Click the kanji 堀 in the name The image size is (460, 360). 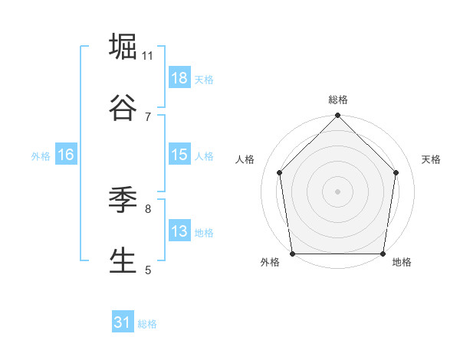(x=123, y=47)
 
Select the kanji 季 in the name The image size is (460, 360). (x=123, y=200)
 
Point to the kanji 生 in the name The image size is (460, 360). (x=123, y=260)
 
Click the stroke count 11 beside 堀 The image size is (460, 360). (x=148, y=56)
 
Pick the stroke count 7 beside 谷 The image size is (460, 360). (x=148, y=116)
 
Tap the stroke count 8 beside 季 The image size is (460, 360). (x=148, y=208)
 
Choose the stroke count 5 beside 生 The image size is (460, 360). (x=148, y=270)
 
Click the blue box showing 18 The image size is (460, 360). (x=179, y=78)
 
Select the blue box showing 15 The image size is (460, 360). (x=179, y=155)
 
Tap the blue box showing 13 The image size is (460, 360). (x=179, y=231)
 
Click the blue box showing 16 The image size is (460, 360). (x=65, y=155)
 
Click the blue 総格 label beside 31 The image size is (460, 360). (x=147, y=324)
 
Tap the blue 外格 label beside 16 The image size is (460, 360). (x=41, y=156)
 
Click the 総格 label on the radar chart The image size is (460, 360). (x=338, y=100)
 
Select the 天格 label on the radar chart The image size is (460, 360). (x=431, y=159)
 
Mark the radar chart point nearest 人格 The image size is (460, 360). (x=280, y=172)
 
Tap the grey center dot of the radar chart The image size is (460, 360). (x=338, y=191)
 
